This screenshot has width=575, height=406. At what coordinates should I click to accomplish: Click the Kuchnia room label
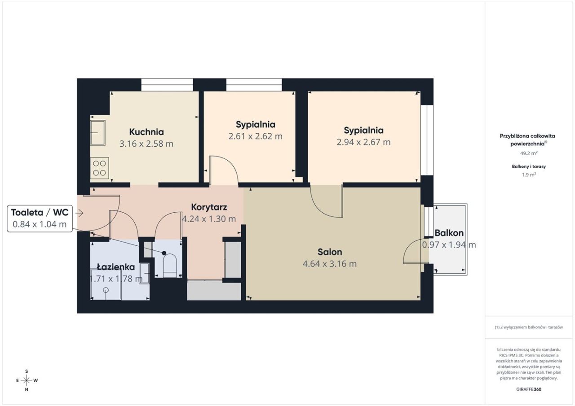click(x=146, y=132)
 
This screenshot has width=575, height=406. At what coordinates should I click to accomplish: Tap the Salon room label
click(x=330, y=252)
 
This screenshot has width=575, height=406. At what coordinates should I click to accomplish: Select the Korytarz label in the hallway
click(x=209, y=207)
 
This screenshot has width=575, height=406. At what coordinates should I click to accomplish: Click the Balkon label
click(x=449, y=233)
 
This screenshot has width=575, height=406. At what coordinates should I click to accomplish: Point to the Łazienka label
click(x=116, y=267)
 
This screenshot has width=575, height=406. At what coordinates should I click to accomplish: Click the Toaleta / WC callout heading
click(x=40, y=212)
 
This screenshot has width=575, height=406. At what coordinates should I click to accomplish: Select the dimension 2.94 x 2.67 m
click(x=363, y=142)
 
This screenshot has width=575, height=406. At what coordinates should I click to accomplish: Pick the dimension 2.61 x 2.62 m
click(x=256, y=136)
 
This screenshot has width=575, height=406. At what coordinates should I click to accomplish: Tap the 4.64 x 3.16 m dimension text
click(x=330, y=263)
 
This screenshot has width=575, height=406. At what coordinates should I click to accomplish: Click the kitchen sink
click(x=98, y=133)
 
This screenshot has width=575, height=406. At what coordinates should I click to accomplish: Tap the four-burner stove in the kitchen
click(x=99, y=168)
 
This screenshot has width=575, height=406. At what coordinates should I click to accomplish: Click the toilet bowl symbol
click(x=170, y=265)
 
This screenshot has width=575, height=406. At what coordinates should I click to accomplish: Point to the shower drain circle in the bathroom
click(x=106, y=290)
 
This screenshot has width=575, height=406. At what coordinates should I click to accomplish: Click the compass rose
click(x=27, y=380)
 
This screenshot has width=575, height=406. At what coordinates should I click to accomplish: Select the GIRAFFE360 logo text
click(x=529, y=389)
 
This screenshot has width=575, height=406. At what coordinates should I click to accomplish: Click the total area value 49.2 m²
click(x=529, y=153)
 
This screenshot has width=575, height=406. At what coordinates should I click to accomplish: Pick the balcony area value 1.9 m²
click(x=529, y=175)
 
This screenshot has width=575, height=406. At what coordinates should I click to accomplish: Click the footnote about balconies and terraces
click(x=529, y=327)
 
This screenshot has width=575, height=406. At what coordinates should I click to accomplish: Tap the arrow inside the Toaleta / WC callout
click(x=80, y=213)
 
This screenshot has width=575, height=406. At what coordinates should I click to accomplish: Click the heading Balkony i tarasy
click(x=529, y=166)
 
